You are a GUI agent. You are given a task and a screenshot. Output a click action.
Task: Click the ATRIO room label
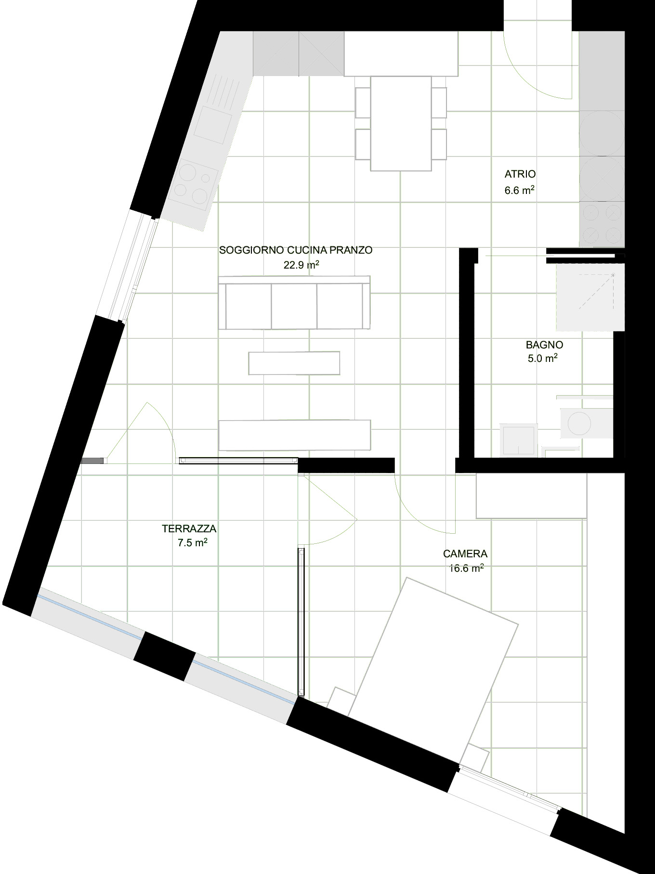[x=520, y=174]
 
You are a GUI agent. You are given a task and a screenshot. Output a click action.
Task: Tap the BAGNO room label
[x=544, y=345]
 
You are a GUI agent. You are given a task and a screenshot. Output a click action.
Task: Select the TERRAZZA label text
[x=189, y=528]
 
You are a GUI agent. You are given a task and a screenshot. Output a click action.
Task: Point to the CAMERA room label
[x=465, y=554]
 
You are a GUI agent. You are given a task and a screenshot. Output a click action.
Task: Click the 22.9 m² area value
[x=302, y=264]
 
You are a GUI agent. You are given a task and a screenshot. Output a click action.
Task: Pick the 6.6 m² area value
[x=520, y=190]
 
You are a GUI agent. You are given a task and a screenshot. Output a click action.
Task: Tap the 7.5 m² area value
[x=193, y=543]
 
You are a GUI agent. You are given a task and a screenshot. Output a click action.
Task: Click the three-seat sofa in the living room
[x=294, y=303]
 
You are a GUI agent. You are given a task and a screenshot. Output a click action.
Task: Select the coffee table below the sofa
[x=294, y=363]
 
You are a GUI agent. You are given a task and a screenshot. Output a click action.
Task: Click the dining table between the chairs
[x=401, y=123]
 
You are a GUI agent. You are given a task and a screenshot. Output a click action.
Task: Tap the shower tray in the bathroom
[x=590, y=297]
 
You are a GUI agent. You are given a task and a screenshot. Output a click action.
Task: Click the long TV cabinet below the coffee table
[x=295, y=435]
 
